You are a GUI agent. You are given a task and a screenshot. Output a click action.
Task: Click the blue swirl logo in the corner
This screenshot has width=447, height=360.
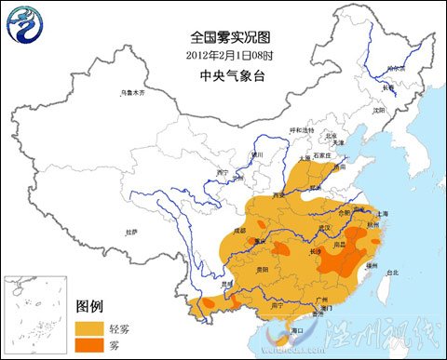coord(27,25)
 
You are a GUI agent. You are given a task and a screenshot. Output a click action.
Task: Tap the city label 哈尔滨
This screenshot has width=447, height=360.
coord(397,69)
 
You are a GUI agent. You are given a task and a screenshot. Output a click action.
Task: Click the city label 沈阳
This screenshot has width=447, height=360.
coord(378,110)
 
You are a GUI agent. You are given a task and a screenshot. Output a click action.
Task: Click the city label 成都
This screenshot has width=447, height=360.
coord(240,229)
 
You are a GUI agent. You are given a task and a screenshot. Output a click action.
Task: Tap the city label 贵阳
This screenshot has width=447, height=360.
coord(264,268)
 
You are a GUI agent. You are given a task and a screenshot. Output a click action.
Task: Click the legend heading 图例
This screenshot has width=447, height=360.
coord(89,306)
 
